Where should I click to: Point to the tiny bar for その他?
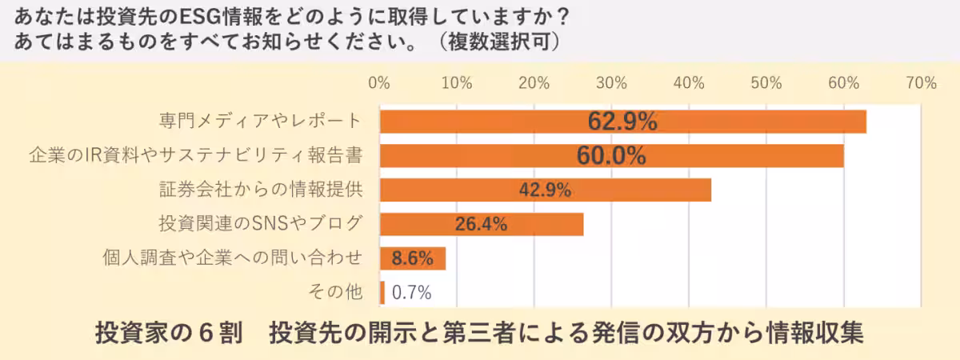(382, 292)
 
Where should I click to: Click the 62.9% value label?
(622, 122)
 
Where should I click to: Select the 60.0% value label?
(611, 156)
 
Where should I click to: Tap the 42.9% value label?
(545, 190)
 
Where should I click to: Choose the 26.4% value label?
(481, 225)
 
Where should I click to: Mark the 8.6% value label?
(412, 258)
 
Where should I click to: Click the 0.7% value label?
(411, 293)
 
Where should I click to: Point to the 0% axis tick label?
(378, 83)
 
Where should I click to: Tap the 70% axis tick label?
(921, 83)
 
